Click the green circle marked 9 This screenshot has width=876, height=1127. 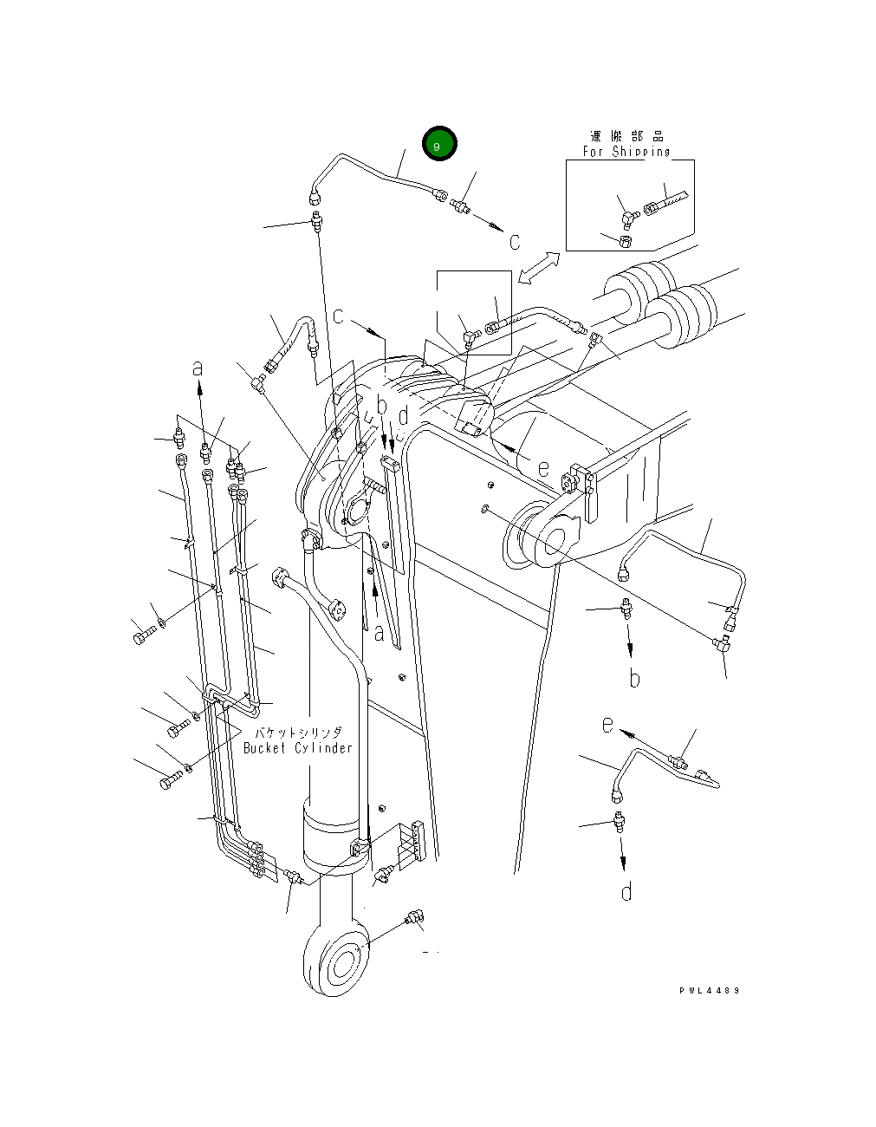point(439,144)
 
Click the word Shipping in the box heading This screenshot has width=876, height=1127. point(640,152)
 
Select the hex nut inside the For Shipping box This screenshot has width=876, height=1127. point(626,240)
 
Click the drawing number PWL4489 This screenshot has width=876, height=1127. point(710,990)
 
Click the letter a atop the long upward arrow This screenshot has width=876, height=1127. point(198,368)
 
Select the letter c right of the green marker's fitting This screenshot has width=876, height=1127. point(514,242)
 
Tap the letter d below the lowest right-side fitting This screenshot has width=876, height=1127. point(626,890)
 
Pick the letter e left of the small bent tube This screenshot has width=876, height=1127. point(608,723)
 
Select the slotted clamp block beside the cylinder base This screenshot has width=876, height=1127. point(412,842)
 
